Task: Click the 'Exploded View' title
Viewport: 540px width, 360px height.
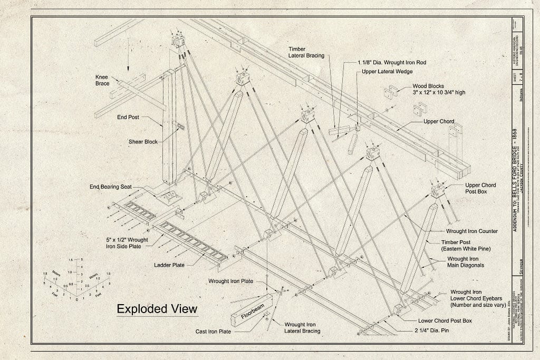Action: [x=157, y=308]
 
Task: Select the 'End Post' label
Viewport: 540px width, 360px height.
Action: [x=128, y=117]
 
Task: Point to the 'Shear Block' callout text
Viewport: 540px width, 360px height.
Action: [x=143, y=141]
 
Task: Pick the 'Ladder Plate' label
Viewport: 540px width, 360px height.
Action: [x=169, y=265]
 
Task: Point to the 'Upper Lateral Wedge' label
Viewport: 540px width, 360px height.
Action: [x=387, y=72]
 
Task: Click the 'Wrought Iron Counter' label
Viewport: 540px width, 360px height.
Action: [x=471, y=231]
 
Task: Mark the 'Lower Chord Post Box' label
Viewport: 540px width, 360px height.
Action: [x=445, y=320]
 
